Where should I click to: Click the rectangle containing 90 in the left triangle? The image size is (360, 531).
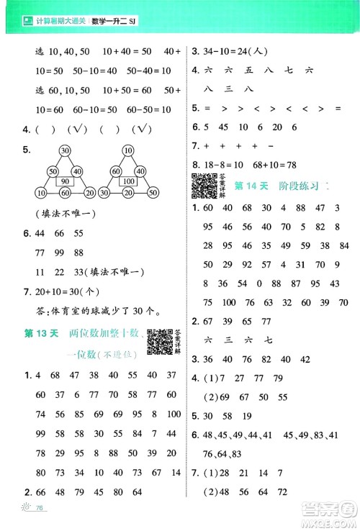pyautogui.click(x=65, y=181)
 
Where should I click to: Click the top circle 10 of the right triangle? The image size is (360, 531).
pyautogui.click(x=127, y=150)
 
